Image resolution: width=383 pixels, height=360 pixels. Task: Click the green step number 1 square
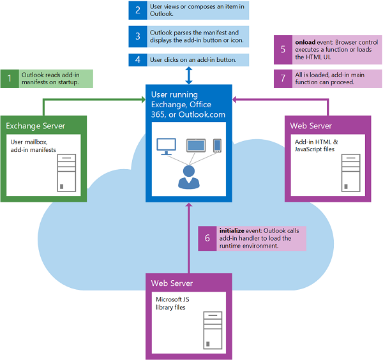coord(10,79)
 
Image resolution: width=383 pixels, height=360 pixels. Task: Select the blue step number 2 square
coord(138,10)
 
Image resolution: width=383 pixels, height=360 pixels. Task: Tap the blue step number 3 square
coord(138,36)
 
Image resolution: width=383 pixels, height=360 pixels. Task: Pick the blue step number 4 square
coord(138,60)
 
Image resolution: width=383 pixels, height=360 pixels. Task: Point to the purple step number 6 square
coord(207,237)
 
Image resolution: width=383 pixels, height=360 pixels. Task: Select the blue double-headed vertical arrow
coord(189,75)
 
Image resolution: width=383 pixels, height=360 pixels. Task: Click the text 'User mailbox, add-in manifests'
coord(33,146)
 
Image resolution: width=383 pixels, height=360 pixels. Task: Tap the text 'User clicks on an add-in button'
coord(193,60)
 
